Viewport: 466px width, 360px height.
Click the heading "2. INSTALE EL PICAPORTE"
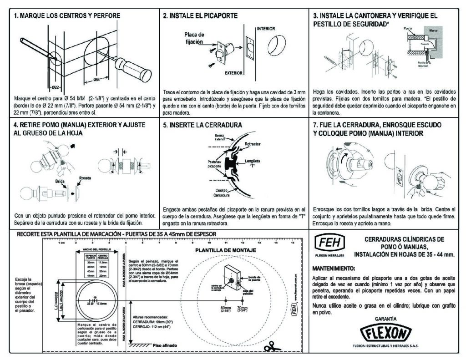tap(200, 15)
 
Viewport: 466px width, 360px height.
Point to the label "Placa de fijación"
tap(194, 38)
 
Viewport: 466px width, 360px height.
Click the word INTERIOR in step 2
tap(266, 29)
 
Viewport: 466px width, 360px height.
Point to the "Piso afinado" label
tap(165, 346)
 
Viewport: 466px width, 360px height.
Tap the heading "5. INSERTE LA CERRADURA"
tap(203, 125)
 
